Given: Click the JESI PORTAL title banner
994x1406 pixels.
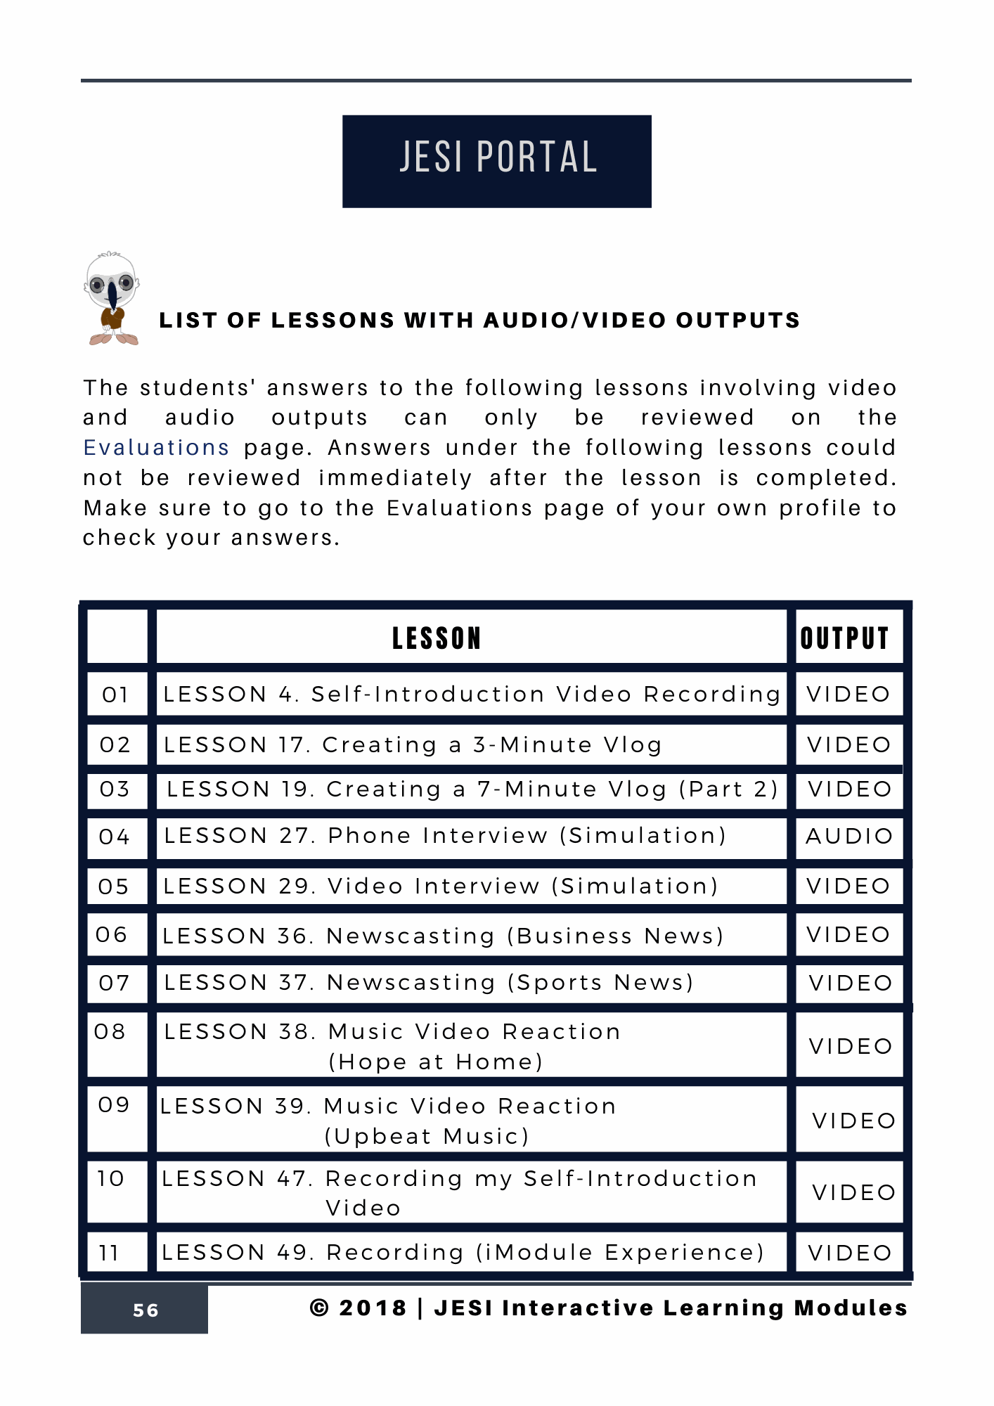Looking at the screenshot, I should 496,161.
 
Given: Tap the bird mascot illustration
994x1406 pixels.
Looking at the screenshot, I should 112,298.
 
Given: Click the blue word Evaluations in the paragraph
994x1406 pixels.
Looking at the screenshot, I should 156,448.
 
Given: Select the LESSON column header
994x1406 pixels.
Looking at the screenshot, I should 437,638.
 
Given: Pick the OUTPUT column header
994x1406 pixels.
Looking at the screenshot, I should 845,638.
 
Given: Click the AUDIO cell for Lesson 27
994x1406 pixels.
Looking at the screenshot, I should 849,837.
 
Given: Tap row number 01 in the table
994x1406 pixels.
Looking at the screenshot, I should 115,695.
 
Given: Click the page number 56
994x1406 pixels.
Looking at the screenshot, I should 146,1310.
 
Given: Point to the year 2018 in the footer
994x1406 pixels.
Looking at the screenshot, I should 373,1308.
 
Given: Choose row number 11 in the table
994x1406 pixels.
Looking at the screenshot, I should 110,1253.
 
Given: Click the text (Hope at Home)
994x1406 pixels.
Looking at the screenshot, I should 436,1062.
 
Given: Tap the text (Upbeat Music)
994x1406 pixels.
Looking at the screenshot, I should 427,1137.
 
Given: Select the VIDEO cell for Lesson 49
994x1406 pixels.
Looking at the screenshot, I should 850,1253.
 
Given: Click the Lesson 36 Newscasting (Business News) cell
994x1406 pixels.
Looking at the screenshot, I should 443,936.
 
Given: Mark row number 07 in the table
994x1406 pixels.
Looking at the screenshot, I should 115,983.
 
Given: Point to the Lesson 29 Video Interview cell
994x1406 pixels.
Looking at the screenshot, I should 441,886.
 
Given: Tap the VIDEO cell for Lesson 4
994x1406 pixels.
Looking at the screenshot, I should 848,695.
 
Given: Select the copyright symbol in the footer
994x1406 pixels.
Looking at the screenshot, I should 319,1308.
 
